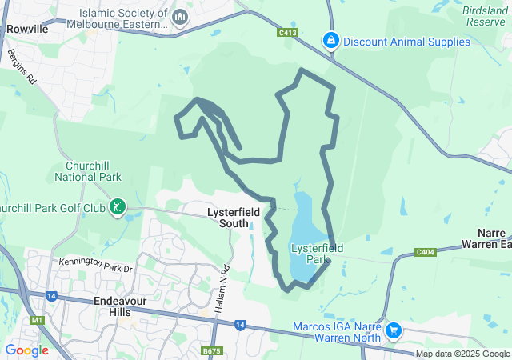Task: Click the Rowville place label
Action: (x=26, y=29)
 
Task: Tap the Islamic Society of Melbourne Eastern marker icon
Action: (x=180, y=16)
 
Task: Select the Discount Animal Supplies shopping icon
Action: (x=330, y=39)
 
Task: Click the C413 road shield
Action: (x=288, y=33)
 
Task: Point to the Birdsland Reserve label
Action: (x=485, y=16)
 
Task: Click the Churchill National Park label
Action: (x=88, y=171)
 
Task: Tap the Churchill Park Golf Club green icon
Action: (x=118, y=208)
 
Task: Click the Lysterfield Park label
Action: (x=318, y=254)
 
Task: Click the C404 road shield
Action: (x=426, y=253)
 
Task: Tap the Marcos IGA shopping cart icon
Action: (x=393, y=330)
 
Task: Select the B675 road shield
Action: (x=211, y=351)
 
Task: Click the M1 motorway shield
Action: (x=35, y=320)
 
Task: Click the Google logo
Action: (x=26, y=350)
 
